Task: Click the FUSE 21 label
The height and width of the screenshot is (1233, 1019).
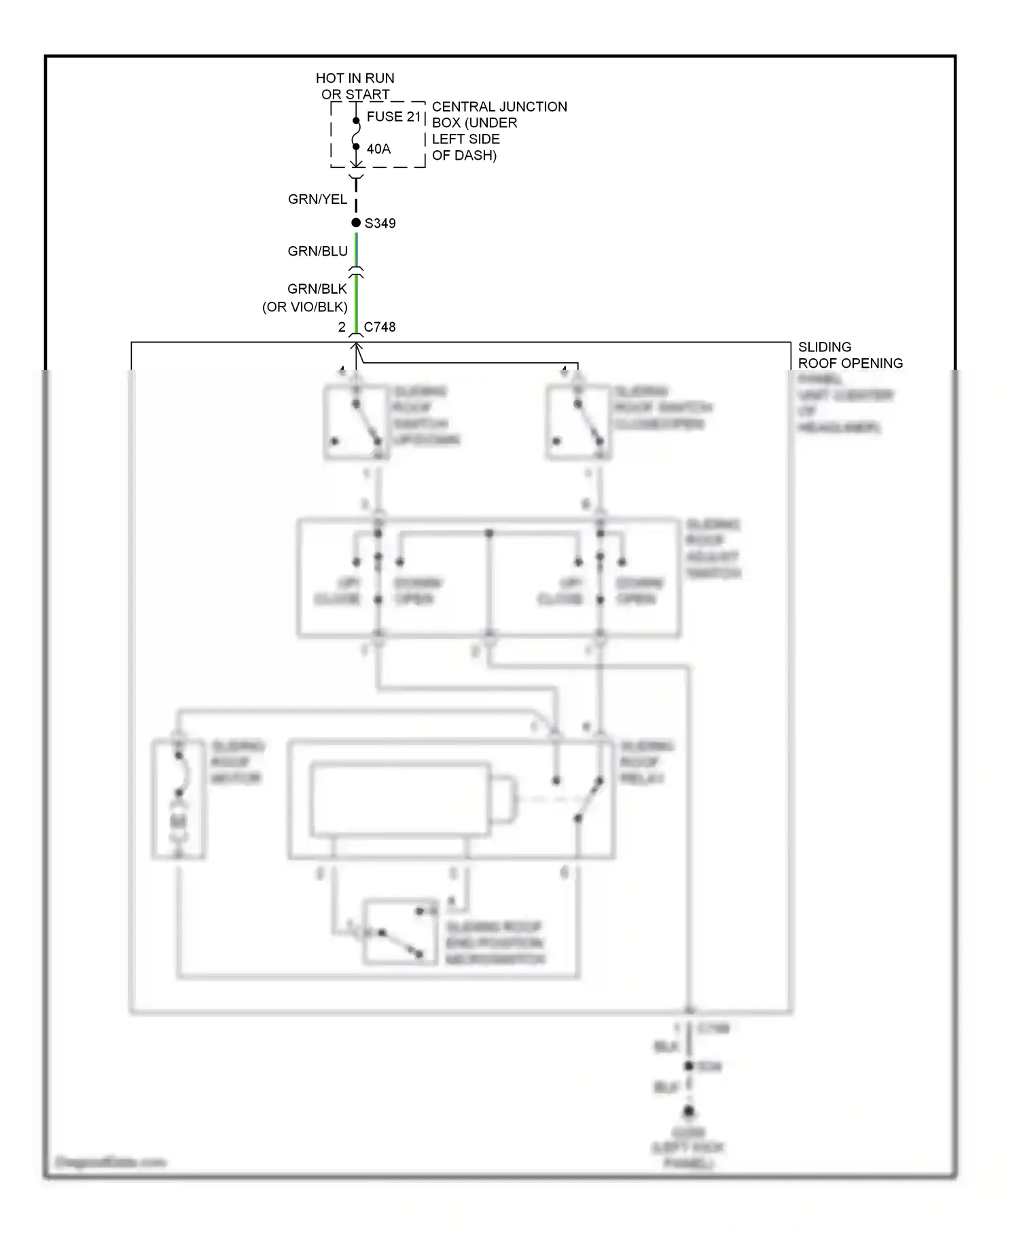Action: point(394,116)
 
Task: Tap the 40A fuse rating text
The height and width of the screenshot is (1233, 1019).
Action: point(378,149)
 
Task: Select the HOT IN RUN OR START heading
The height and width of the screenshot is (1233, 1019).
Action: point(355,86)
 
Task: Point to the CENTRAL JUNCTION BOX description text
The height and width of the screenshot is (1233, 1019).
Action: point(499,131)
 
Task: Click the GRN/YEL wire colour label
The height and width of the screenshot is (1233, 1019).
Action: point(317,199)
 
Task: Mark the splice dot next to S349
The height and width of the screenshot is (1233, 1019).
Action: point(356,223)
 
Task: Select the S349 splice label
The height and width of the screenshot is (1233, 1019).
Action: point(380,223)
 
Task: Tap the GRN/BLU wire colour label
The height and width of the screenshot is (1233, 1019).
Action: point(317,251)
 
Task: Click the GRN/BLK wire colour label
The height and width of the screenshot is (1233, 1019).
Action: point(317,289)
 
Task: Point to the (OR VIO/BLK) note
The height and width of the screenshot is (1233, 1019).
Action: point(305,307)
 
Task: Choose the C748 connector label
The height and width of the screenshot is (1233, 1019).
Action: point(379,327)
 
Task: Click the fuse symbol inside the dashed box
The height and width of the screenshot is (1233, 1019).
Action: point(356,134)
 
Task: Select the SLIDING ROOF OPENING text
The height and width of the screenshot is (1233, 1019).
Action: point(850,355)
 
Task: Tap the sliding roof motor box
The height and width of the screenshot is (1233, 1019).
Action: point(179,799)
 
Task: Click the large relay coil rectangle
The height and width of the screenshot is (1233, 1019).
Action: point(400,799)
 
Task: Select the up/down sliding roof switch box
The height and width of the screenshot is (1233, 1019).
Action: point(355,422)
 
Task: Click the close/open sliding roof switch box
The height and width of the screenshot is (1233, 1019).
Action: point(577,422)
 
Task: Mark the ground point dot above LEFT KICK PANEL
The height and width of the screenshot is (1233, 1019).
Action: point(689,1112)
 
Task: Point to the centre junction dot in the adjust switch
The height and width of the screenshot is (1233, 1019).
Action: point(489,534)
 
